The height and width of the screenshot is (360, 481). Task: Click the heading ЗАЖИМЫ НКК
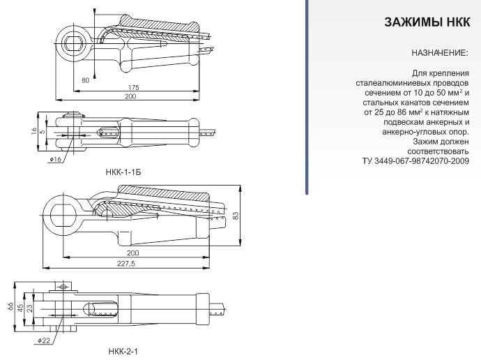pyautogui.click(x=427, y=22)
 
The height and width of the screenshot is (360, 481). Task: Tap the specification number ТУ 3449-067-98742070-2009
pyautogui.click(x=415, y=161)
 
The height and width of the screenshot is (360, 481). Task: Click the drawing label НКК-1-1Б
pyautogui.click(x=123, y=172)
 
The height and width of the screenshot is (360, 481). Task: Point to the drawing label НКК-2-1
pyautogui.click(x=123, y=351)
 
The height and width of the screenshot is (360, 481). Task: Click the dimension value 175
pyautogui.click(x=134, y=87)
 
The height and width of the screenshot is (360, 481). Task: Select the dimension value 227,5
pyautogui.click(x=125, y=263)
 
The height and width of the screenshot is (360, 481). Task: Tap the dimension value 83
pyautogui.click(x=236, y=216)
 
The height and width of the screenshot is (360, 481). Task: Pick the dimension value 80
pyautogui.click(x=86, y=80)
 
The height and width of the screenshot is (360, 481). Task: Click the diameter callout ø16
pyautogui.click(x=55, y=159)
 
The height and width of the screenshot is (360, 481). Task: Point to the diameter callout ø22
pyautogui.click(x=43, y=340)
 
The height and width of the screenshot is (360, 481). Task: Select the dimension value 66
pyautogui.click(x=10, y=306)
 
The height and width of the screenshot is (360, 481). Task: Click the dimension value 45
pyautogui.click(x=20, y=308)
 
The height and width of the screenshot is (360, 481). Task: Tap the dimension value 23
pyautogui.click(x=29, y=308)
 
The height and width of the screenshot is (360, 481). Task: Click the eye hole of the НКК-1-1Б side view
pyautogui.click(x=74, y=43)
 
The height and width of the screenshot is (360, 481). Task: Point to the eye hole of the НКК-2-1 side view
pyautogui.click(x=63, y=215)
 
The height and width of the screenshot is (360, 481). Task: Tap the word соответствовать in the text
pyautogui.click(x=438, y=151)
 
